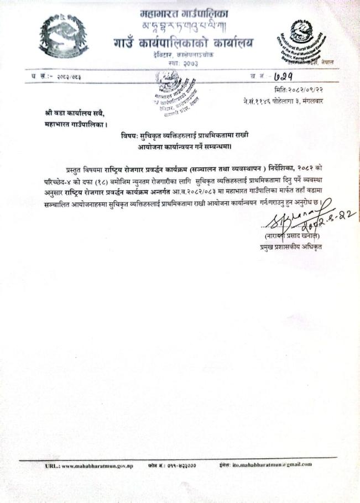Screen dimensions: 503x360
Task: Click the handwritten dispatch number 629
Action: click(292, 76)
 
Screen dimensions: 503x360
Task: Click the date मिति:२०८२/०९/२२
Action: click(299, 90)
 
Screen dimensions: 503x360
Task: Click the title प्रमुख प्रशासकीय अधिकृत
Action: click(290, 247)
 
